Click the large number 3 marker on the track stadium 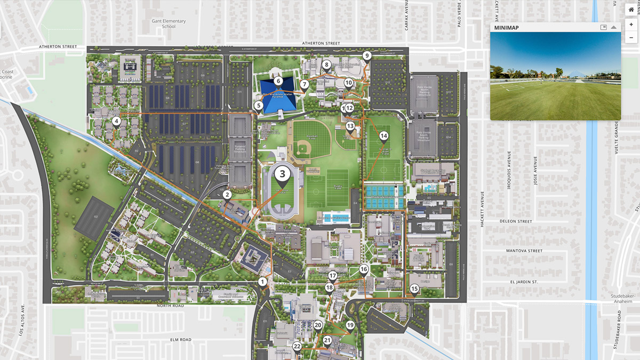[283, 173]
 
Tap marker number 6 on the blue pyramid [278, 81]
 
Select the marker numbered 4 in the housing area [116, 122]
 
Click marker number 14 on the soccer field [383, 135]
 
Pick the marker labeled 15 [414, 289]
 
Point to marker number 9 [366, 55]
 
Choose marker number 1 [262, 281]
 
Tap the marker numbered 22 [297, 347]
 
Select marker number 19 [350, 325]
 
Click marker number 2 [227, 195]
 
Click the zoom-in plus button [631, 24]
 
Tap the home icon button [631, 10]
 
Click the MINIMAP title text [506, 27]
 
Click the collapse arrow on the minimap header [614, 27]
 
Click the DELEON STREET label [516, 221]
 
